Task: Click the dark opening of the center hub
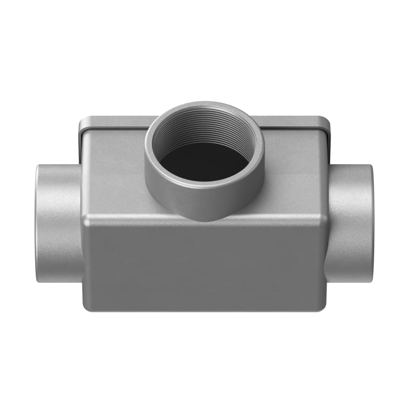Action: (204, 163)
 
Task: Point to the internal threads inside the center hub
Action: (204, 130)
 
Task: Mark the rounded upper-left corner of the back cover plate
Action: (83, 121)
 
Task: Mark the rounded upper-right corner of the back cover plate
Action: (326, 121)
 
